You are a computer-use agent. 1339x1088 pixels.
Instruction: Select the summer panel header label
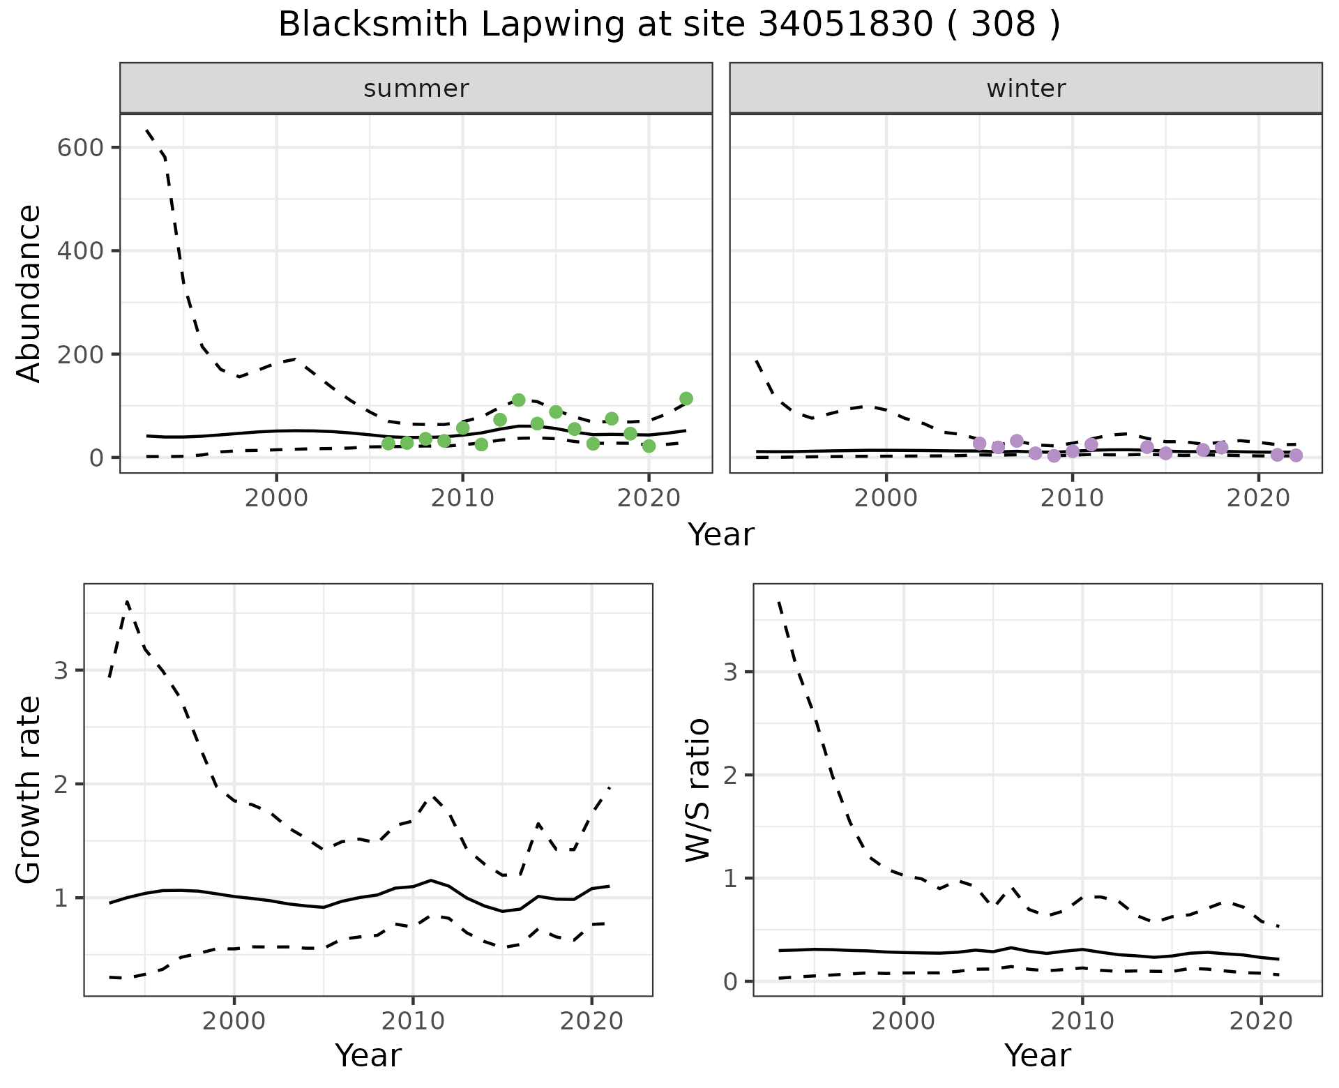tap(416, 89)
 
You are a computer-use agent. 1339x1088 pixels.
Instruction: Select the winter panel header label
tap(1026, 89)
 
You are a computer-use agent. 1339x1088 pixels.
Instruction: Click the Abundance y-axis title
tap(29, 293)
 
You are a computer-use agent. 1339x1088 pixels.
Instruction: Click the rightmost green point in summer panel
tap(686, 398)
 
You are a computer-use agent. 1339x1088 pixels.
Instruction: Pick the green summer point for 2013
tap(518, 400)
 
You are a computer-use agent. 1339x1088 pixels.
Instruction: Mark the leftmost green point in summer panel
tap(388, 444)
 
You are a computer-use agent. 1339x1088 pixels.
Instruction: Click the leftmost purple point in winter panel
tap(979, 444)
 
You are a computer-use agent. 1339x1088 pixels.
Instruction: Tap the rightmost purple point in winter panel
tap(1296, 455)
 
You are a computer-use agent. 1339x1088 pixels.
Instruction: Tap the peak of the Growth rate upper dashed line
tap(127, 601)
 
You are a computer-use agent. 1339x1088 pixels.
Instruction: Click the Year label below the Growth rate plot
tap(368, 1055)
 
